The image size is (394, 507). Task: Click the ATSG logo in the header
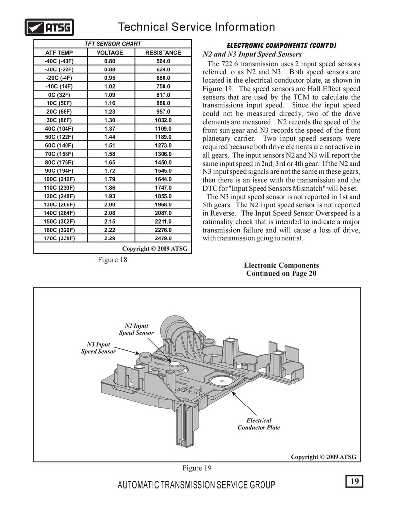[x=49, y=27]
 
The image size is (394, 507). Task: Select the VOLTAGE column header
[x=110, y=53]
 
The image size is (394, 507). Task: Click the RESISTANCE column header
[x=163, y=53]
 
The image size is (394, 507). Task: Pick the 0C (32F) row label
[x=59, y=95]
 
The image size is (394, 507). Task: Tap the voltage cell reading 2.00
[x=110, y=204]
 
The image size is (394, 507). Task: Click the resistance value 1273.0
[x=163, y=145]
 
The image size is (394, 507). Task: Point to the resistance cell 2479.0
[x=163, y=238]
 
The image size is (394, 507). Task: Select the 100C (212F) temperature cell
[x=59, y=179]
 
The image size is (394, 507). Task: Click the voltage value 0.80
[x=110, y=61]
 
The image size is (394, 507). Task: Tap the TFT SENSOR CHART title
[x=113, y=44]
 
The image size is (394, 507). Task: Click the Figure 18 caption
[x=113, y=260]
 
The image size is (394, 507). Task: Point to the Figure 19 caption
[x=197, y=467]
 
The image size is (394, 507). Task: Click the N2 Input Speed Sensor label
[x=136, y=329]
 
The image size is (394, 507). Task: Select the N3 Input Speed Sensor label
[x=98, y=348]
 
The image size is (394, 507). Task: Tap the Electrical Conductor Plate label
[x=259, y=424]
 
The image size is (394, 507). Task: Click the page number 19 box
[x=354, y=481]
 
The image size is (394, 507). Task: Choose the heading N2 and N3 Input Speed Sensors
[x=252, y=54]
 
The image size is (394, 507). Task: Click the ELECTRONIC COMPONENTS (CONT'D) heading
[x=281, y=45]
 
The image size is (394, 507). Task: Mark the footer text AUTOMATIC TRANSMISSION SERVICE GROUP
[x=197, y=485]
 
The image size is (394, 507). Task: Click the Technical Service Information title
[x=197, y=27]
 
